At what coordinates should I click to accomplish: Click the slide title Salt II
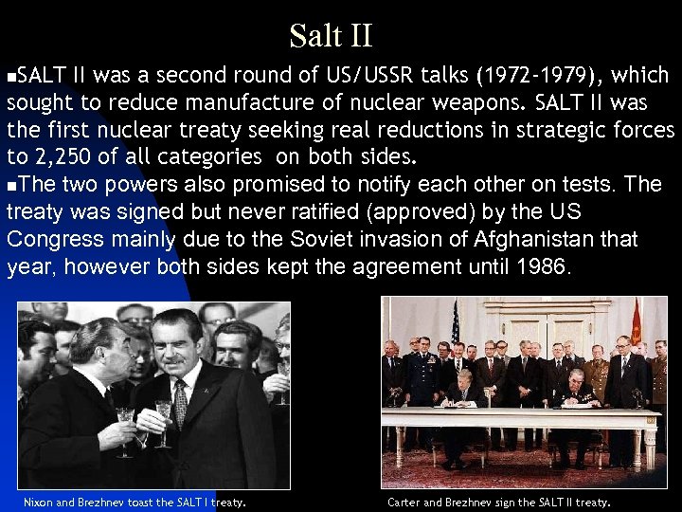pyautogui.click(x=331, y=36)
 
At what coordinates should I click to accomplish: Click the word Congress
pyautogui.click(x=54, y=239)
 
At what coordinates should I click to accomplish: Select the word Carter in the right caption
pyautogui.click(x=405, y=502)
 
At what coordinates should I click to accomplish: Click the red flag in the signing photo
pyautogui.click(x=637, y=323)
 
